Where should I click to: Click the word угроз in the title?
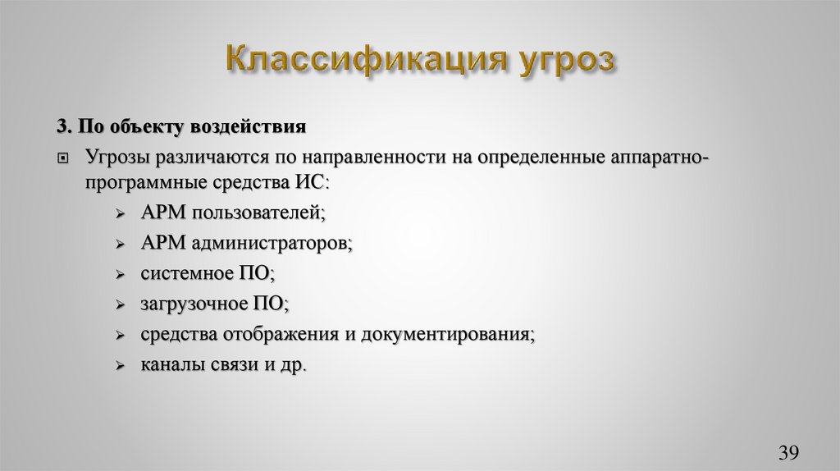pyautogui.click(x=567, y=62)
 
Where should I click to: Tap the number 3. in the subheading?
pyautogui.click(x=65, y=126)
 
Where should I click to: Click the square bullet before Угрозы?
pyautogui.click(x=64, y=157)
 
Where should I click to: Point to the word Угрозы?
pyautogui.click(x=116, y=156)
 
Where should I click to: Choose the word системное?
pyautogui.click(x=185, y=273)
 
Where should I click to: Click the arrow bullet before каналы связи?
pyautogui.click(x=120, y=366)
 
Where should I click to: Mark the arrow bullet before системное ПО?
pyautogui.click(x=120, y=275)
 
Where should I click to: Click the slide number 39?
pyautogui.click(x=788, y=452)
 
